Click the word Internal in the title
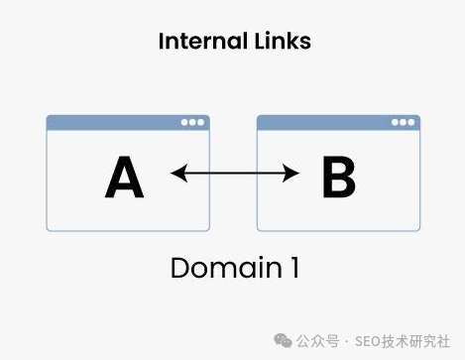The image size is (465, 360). (x=203, y=41)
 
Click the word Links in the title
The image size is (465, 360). (x=283, y=41)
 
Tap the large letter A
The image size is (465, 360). (x=124, y=177)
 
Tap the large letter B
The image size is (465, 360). (x=339, y=177)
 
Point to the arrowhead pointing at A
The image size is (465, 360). (x=178, y=173)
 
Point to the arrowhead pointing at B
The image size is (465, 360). (x=291, y=173)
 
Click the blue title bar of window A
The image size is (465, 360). (x=128, y=123)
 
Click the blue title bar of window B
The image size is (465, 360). (x=338, y=123)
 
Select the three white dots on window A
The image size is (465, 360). (x=192, y=122)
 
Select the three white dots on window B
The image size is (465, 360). (x=403, y=122)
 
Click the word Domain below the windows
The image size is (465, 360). (x=226, y=268)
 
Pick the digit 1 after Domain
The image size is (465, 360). (x=295, y=268)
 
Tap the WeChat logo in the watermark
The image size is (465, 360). (x=283, y=341)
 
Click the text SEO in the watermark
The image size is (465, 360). (x=369, y=341)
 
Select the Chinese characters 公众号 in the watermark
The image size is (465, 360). (x=318, y=341)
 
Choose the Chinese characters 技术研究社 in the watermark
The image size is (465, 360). (x=416, y=341)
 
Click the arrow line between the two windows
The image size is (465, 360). (x=235, y=173)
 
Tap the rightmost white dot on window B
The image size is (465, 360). (x=411, y=122)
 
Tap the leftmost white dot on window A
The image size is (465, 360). (x=184, y=122)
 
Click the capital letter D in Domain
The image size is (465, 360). (x=179, y=268)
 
